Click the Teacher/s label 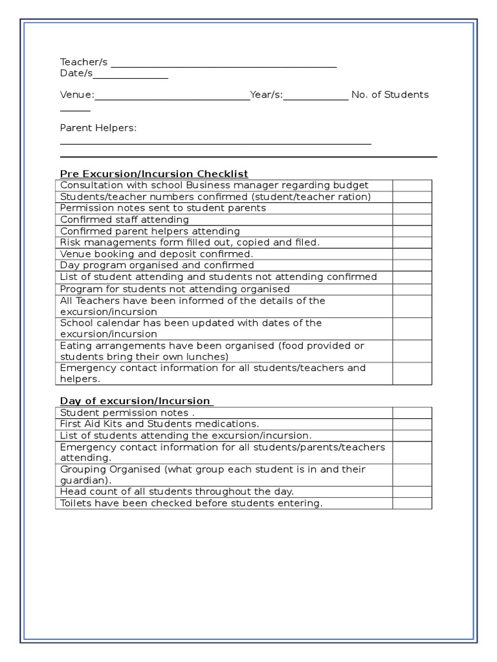tap(83, 62)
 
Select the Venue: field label tap(77, 95)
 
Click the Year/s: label tap(267, 95)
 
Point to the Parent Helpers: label tap(98, 128)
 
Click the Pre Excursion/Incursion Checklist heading tap(154, 174)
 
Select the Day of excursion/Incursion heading tap(135, 401)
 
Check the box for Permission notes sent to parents tap(412, 208)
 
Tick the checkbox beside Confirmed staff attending tap(412, 220)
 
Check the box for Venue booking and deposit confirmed tap(412, 254)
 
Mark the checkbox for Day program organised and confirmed tap(412, 265)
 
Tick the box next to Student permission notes tap(412, 412)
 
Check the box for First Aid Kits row tap(412, 424)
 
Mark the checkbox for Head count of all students tap(412, 492)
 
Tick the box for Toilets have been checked tap(412, 503)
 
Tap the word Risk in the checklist tap(69, 242)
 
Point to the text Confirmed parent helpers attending tap(150, 231)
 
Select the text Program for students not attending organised tap(175, 289)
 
